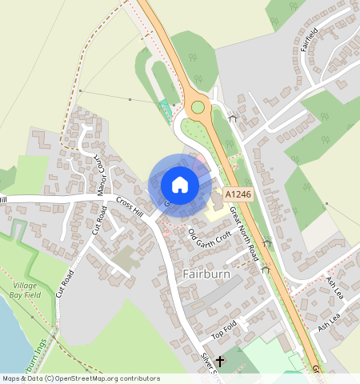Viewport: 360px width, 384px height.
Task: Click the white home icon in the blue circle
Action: click(x=180, y=185)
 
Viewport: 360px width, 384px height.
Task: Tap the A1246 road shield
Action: click(x=238, y=194)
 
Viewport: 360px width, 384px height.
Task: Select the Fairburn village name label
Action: click(x=206, y=274)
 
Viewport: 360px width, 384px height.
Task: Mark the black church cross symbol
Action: click(x=220, y=362)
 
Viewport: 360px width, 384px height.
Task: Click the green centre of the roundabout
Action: click(x=198, y=107)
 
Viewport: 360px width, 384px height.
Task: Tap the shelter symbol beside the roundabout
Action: click(x=233, y=118)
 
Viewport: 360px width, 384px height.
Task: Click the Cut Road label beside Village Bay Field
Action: click(x=65, y=284)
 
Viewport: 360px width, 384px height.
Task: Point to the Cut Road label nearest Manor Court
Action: click(x=100, y=219)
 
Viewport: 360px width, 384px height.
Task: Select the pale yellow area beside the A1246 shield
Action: click(x=215, y=214)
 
